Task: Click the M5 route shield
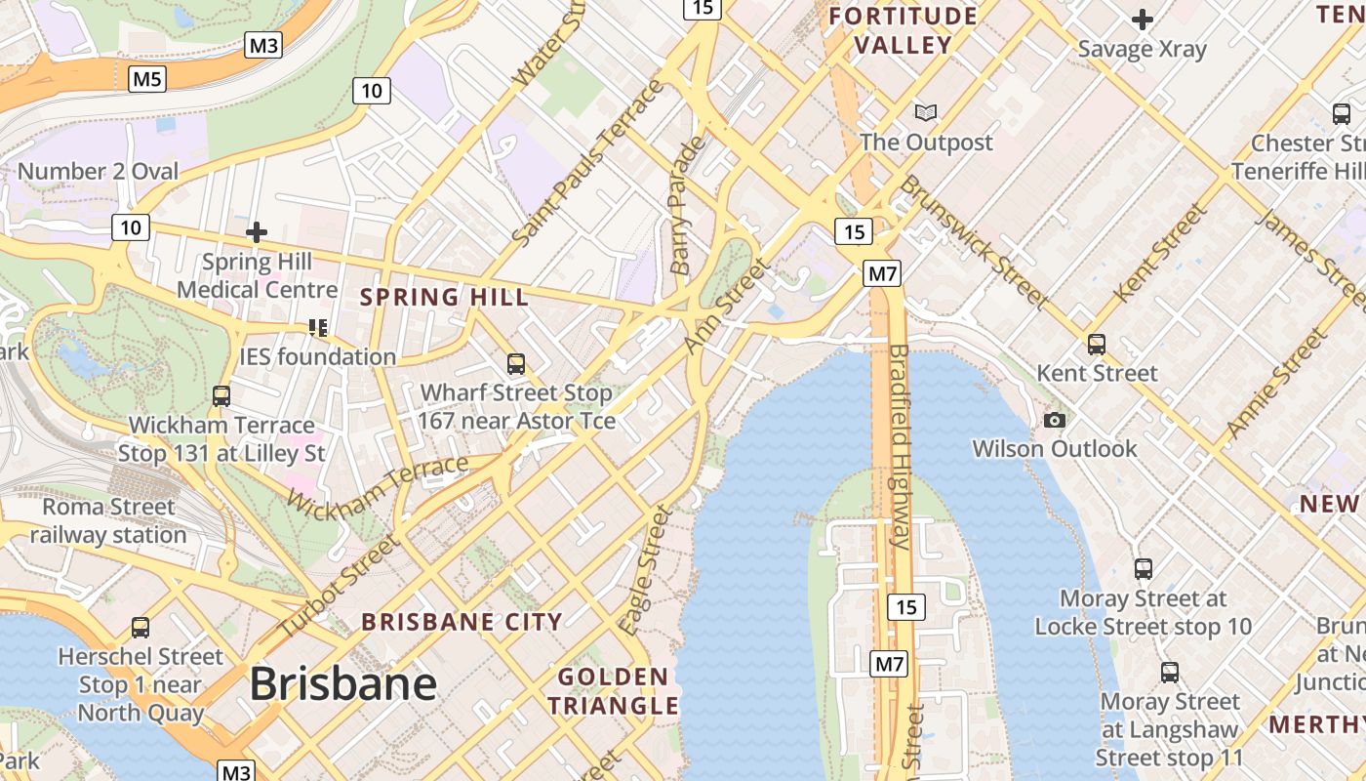pyautogui.click(x=146, y=78)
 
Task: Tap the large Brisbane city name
pyautogui.click(x=342, y=683)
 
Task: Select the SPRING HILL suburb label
pyautogui.click(x=445, y=297)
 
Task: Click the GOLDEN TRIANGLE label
pyautogui.click(x=613, y=691)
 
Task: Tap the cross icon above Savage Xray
pyautogui.click(x=1142, y=19)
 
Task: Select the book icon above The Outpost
pyautogui.click(x=926, y=112)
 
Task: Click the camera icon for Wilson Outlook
pyautogui.click(x=1054, y=420)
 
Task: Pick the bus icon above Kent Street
pyautogui.click(x=1097, y=344)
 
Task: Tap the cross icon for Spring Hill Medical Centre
pyautogui.click(x=257, y=232)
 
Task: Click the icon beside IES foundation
pyautogui.click(x=317, y=327)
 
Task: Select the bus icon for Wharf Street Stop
pyautogui.click(x=516, y=364)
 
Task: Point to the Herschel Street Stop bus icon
pyautogui.click(x=141, y=627)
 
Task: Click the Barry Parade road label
pyautogui.click(x=687, y=205)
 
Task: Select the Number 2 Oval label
pyautogui.click(x=98, y=172)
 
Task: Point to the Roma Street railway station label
pyautogui.click(x=107, y=520)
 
